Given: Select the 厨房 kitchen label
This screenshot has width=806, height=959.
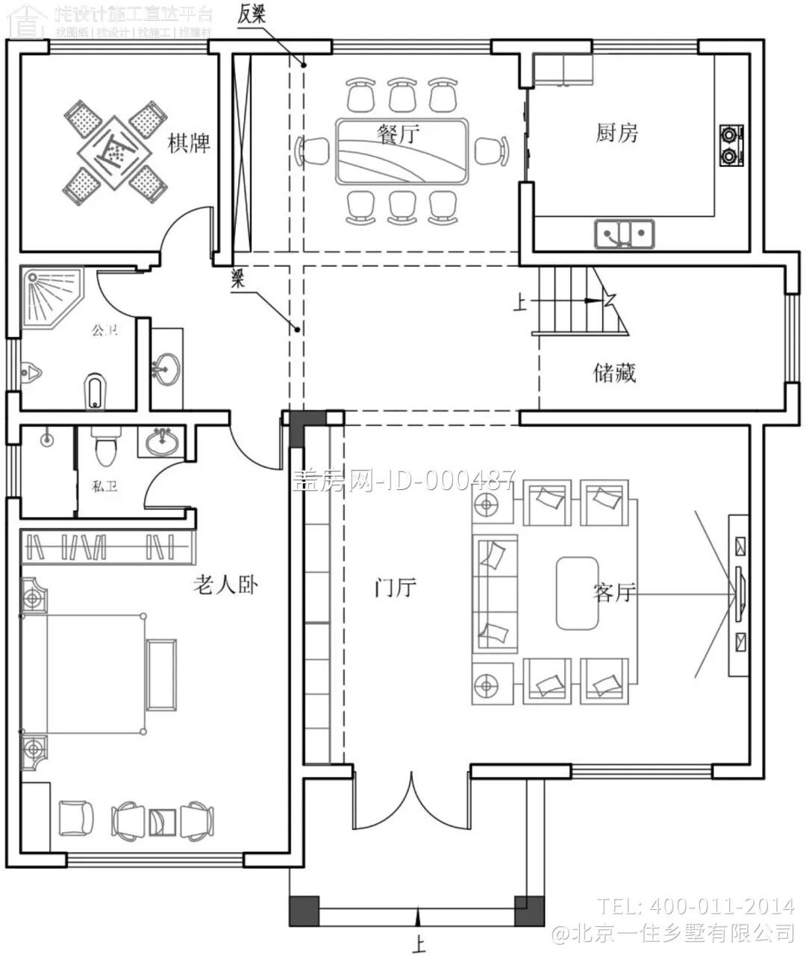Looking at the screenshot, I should (617, 133).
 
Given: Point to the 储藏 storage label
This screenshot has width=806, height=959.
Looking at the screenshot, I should (615, 372).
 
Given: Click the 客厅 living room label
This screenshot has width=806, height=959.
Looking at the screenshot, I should (613, 593).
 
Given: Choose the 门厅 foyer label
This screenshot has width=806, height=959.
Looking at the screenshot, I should (395, 588).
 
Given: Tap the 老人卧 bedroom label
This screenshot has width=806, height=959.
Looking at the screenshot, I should (226, 585).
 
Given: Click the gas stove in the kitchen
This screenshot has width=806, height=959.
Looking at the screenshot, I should (731, 145).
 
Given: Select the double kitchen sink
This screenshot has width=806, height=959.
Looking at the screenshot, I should (624, 233).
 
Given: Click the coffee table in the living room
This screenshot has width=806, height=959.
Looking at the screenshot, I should (578, 594).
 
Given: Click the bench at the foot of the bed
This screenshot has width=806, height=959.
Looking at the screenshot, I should (161, 674).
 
